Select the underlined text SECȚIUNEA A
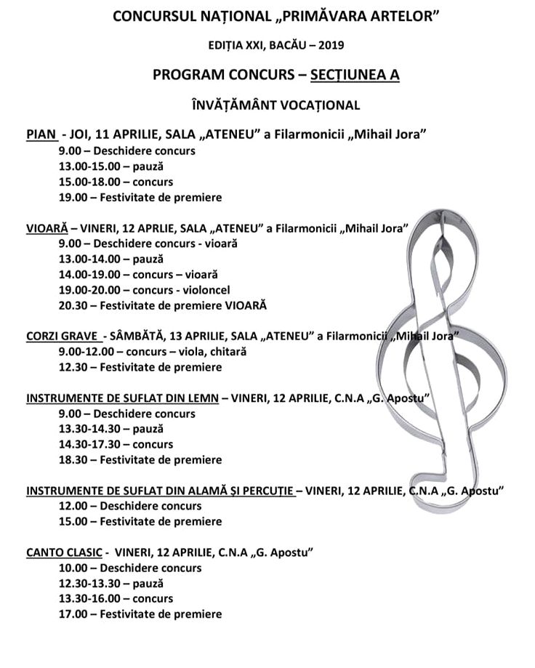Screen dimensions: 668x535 [355, 74]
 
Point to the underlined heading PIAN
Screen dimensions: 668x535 [41, 134]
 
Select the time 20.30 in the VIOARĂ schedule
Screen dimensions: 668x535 [73, 305]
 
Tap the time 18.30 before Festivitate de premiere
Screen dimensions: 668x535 [73, 459]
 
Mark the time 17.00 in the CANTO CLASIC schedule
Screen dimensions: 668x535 [73, 614]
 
